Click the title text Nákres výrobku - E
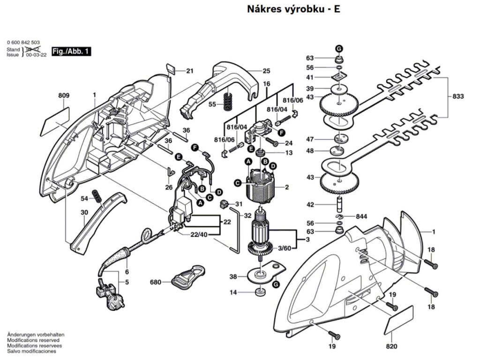point(293,9)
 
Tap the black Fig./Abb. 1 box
point(72,51)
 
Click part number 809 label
point(64,96)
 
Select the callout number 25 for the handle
point(266,71)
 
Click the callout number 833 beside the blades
point(458,96)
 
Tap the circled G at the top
point(339,48)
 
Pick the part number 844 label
point(361,216)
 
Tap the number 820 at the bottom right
point(391,347)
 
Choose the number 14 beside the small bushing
point(233,292)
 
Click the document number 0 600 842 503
point(23,42)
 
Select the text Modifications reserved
point(33,340)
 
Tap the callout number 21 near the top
point(189,71)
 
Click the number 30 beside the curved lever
point(84,212)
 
